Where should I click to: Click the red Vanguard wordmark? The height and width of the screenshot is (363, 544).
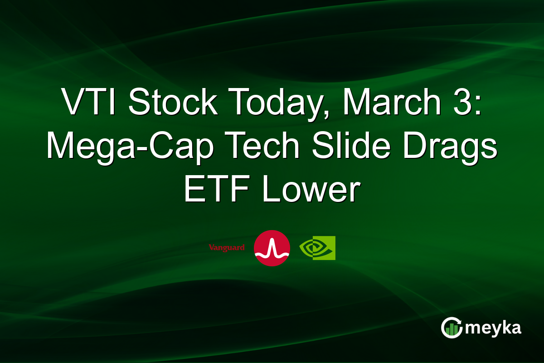pyautogui.click(x=227, y=248)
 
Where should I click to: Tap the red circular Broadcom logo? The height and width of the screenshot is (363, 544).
pyautogui.click(x=272, y=248)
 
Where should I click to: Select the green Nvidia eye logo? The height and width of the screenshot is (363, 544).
pyautogui.click(x=317, y=248)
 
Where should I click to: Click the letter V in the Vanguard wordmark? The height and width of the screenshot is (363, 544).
pyautogui.click(x=211, y=248)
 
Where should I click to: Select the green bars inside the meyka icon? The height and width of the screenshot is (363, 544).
pyautogui.click(x=452, y=330)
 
